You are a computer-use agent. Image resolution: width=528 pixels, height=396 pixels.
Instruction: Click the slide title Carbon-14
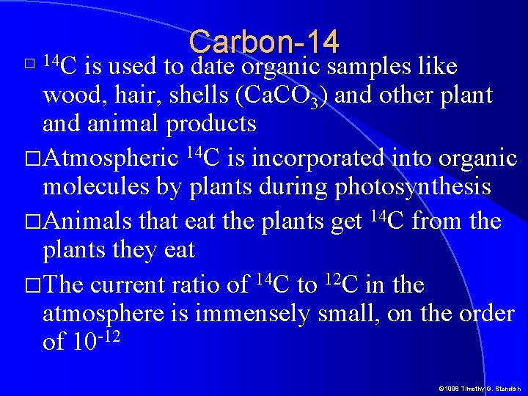point(263,42)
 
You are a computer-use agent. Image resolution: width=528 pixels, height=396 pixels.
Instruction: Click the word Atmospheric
point(111,158)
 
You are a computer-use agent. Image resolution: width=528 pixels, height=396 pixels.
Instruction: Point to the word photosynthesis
point(413,188)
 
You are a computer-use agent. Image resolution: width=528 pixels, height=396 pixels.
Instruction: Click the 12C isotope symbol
point(339,284)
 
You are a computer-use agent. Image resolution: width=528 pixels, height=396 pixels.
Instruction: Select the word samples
point(368,67)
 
